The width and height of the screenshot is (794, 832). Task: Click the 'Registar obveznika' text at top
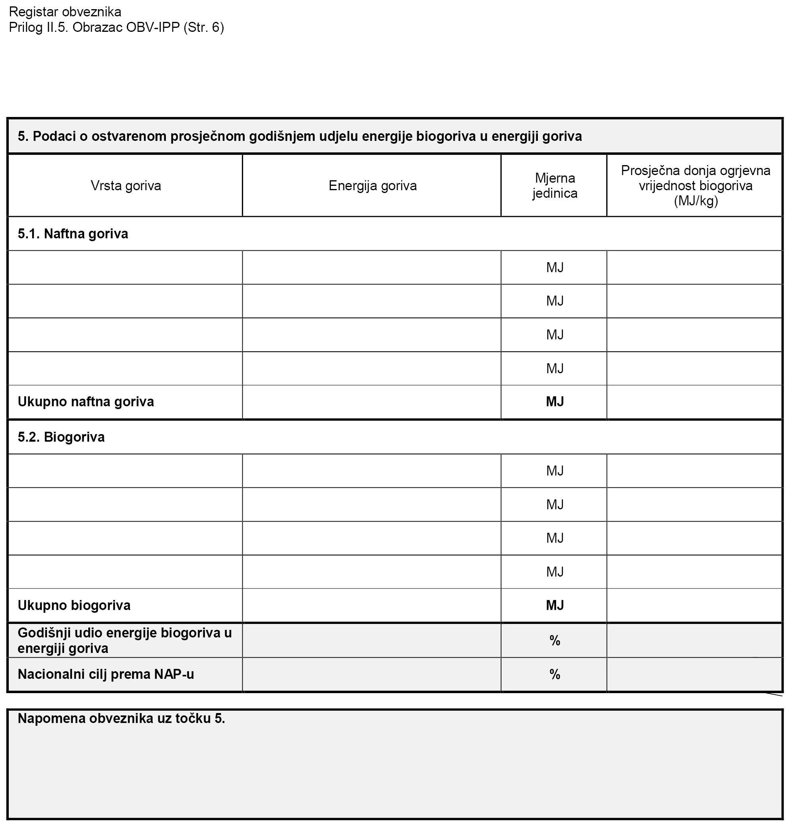65,12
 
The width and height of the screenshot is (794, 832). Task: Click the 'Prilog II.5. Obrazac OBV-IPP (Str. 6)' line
117,27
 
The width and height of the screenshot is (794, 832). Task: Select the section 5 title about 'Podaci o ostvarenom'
300,136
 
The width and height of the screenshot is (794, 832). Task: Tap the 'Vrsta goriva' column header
126,186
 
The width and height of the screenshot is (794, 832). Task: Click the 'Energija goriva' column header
372,186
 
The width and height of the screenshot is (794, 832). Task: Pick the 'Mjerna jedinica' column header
555,186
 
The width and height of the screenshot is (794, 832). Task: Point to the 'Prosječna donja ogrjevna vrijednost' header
695,186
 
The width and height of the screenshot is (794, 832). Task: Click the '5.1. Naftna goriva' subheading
73,234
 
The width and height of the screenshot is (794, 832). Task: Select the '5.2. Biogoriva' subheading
61,437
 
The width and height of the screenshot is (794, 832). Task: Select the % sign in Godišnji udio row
555,641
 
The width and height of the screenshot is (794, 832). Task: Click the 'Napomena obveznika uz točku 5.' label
121,719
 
